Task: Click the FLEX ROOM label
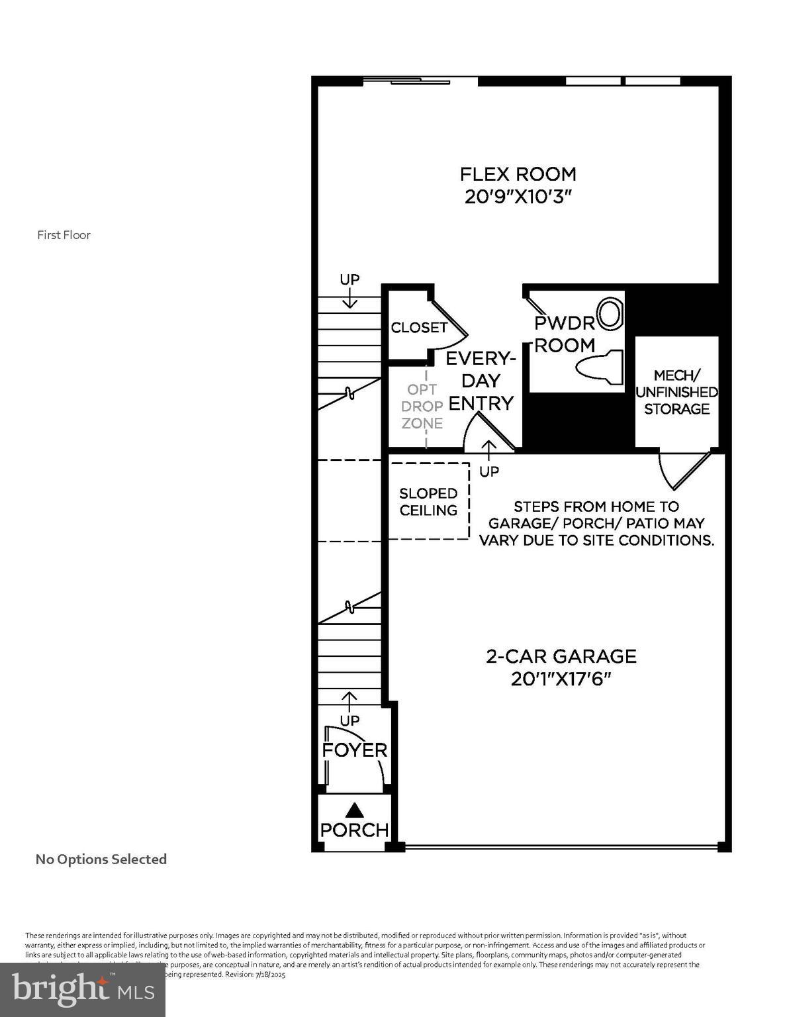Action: tap(518, 174)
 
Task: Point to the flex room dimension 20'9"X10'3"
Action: tap(518, 197)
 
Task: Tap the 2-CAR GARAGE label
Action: tap(561, 656)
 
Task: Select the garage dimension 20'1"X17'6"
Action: tap(561, 679)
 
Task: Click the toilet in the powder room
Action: tap(600, 367)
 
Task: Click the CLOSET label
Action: tap(419, 328)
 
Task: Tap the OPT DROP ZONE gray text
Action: tap(422, 407)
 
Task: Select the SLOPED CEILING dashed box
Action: tap(428, 501)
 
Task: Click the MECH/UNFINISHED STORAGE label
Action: tap(676, 393)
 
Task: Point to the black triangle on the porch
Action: tap(355, 809)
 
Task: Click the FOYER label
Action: tap(354, 750)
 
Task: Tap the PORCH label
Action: tap(354, 830)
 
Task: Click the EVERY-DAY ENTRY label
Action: tap(481, 381)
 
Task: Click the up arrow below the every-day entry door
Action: tap(488, 450)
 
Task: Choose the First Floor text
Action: tap(64, 235)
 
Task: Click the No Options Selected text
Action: tap(101, 859)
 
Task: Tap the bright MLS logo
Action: tap(82, 990)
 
